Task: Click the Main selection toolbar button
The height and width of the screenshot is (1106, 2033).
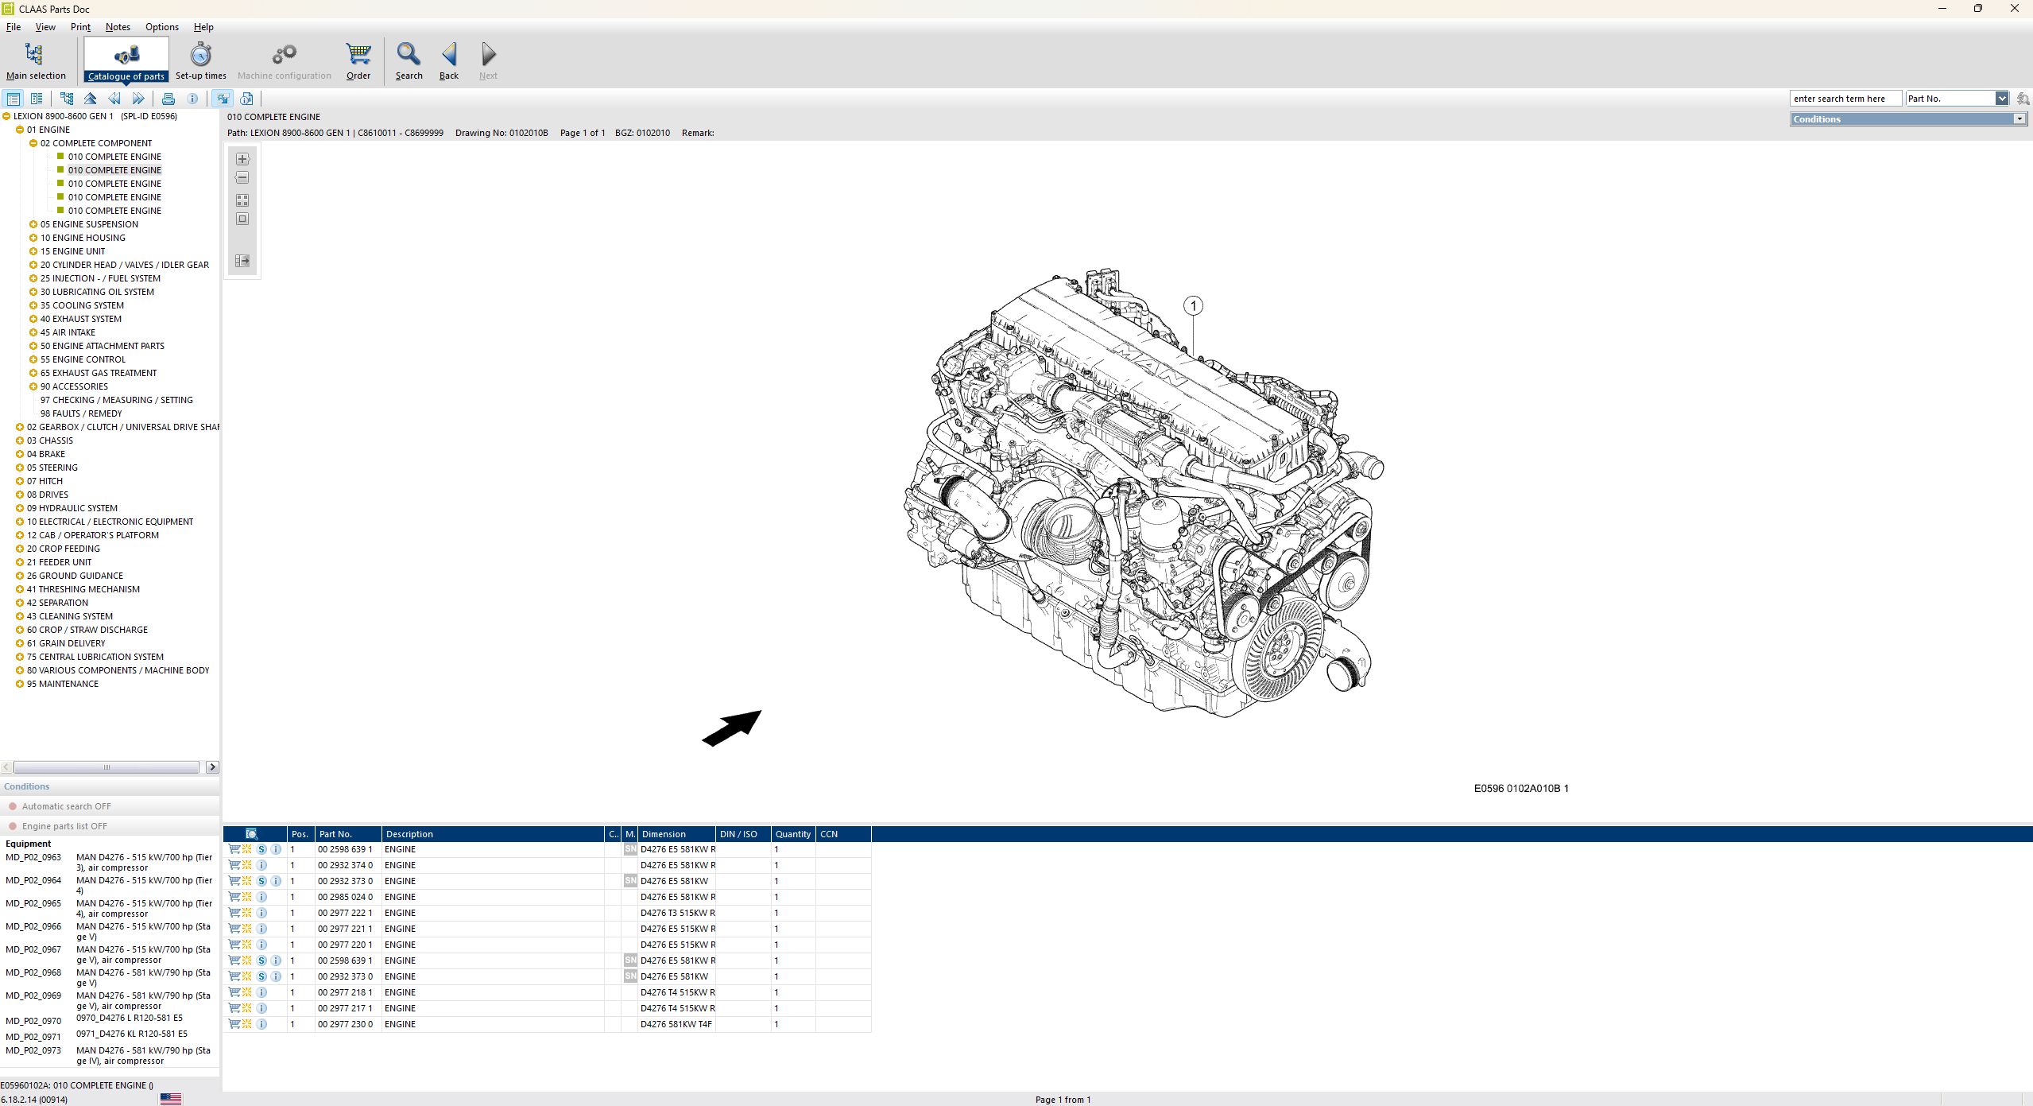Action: [35, 61]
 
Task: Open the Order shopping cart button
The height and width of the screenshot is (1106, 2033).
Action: [358, 61]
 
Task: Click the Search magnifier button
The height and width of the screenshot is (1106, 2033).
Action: [409, 61]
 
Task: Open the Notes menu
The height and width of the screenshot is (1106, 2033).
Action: [118, 27]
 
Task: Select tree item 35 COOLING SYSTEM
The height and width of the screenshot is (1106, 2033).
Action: [82, 305]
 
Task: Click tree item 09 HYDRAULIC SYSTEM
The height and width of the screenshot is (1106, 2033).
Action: [72, 508]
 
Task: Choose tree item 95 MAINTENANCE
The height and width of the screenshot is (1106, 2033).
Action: [62, 684]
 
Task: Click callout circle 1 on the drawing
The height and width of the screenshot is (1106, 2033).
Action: [1192, 305]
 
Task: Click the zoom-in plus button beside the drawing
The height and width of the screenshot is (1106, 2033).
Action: [242, 159]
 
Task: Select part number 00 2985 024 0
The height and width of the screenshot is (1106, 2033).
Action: [345, 897]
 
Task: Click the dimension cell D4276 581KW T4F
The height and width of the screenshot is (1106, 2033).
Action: [676, 1024]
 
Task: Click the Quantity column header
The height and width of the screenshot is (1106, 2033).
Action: [792, 834]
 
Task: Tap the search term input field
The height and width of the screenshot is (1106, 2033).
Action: [1844, 99]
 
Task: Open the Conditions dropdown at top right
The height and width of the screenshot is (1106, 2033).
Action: [2019, 119]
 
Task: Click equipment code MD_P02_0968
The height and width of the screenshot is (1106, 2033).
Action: [33, 972]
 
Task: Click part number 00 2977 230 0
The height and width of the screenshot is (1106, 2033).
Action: [345, 1024]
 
